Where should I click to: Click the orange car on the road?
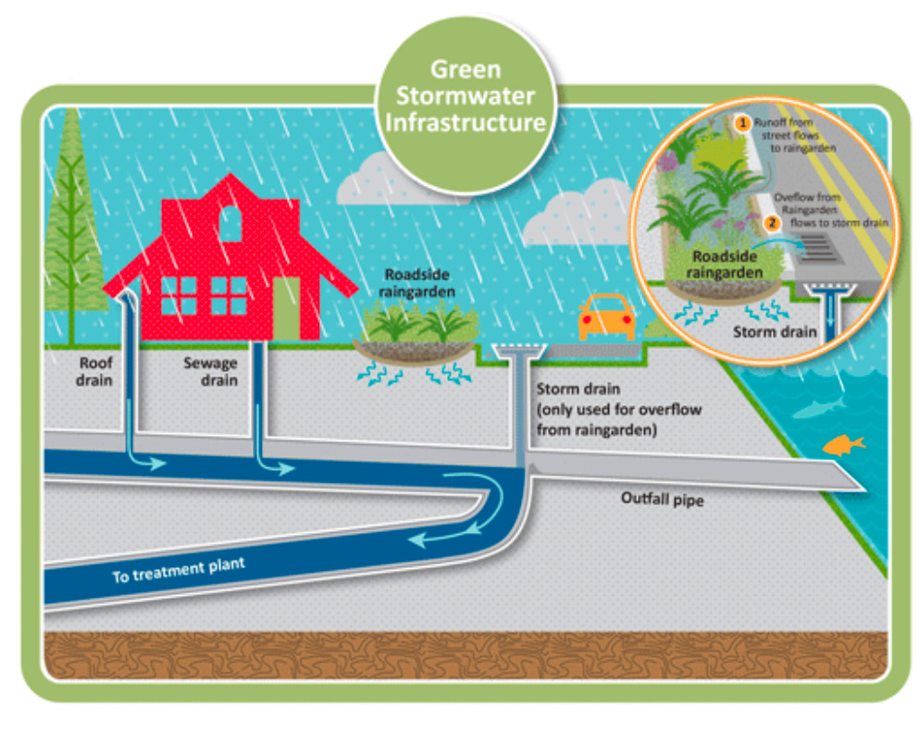point(606,318)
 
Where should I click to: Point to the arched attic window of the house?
point(230,221)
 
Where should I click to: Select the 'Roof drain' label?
point(95,371)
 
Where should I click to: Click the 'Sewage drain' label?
point(210,371)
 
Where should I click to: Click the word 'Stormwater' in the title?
point(466,97)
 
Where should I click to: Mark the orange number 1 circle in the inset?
point(740,122)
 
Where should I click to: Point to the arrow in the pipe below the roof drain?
point(148,461)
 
